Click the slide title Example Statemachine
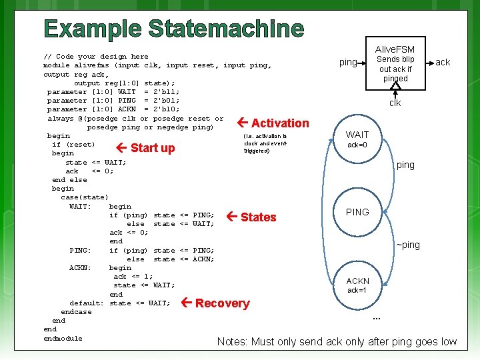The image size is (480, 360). (x=174, y=29)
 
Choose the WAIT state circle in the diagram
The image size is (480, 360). (x=357, y=139)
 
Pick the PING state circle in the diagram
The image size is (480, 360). (x=357, y=212)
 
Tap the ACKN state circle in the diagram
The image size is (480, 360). (x=357, y=285)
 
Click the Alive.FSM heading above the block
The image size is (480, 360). (x=395, y=49)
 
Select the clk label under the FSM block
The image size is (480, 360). (x=395, y=103)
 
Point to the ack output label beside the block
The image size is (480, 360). (x=443, y=63)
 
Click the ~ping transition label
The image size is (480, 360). (x=408, y=245)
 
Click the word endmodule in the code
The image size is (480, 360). (x=63, y=338)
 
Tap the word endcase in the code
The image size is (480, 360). (x=76, y=312)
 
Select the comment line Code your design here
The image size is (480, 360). (x=95, y=57)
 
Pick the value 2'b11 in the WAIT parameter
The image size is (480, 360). (x=166, y=91)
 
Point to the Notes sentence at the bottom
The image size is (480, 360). (x=337, y=342)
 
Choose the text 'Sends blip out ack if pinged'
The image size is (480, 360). (x=395, y=69)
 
